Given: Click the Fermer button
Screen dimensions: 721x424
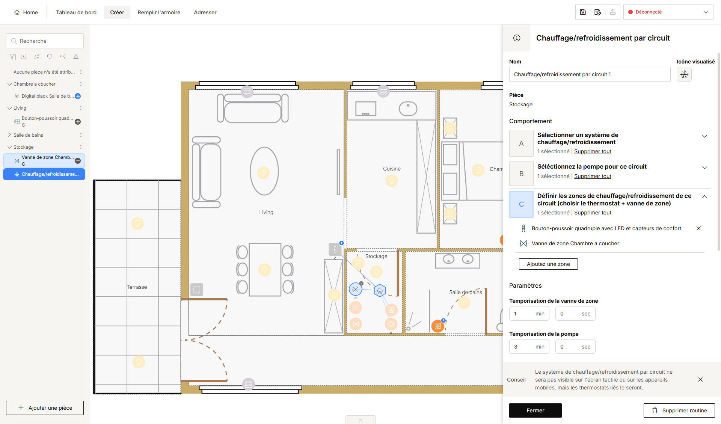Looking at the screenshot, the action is coord(535,410).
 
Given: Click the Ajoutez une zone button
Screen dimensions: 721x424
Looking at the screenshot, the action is coord(548,264).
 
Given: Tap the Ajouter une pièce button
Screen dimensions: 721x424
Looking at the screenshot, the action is coord(45,408).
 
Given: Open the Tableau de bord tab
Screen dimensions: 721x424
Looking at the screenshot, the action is coord(76,12).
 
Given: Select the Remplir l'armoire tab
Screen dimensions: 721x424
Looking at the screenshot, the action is coord(159,12).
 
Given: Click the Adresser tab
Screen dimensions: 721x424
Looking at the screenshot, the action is coord(205,12).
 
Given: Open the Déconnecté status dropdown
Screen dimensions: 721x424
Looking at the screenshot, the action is coord(668,12).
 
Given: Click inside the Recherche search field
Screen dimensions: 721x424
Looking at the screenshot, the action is coord(45,41).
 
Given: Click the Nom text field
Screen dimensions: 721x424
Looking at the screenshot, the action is coord(590,74).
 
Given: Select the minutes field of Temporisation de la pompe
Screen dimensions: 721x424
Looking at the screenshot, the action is coord(529,347).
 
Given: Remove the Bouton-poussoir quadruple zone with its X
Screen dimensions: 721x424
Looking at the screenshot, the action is coord(698,228).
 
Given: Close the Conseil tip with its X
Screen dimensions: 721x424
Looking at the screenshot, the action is coord(700,380).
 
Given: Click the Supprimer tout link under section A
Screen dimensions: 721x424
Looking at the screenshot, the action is coord(593,151).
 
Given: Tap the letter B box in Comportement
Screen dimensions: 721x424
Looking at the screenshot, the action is coord(521,174).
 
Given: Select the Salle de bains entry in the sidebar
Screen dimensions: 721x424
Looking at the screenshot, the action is coord(28,135).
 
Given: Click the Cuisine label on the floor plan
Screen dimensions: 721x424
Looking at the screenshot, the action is coord(392,169).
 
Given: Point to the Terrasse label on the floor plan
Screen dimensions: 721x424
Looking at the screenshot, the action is coord(137,287).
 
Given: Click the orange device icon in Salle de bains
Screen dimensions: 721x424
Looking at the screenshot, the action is coord(437,326).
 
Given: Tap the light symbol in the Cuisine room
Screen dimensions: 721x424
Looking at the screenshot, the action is coord(392,181).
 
